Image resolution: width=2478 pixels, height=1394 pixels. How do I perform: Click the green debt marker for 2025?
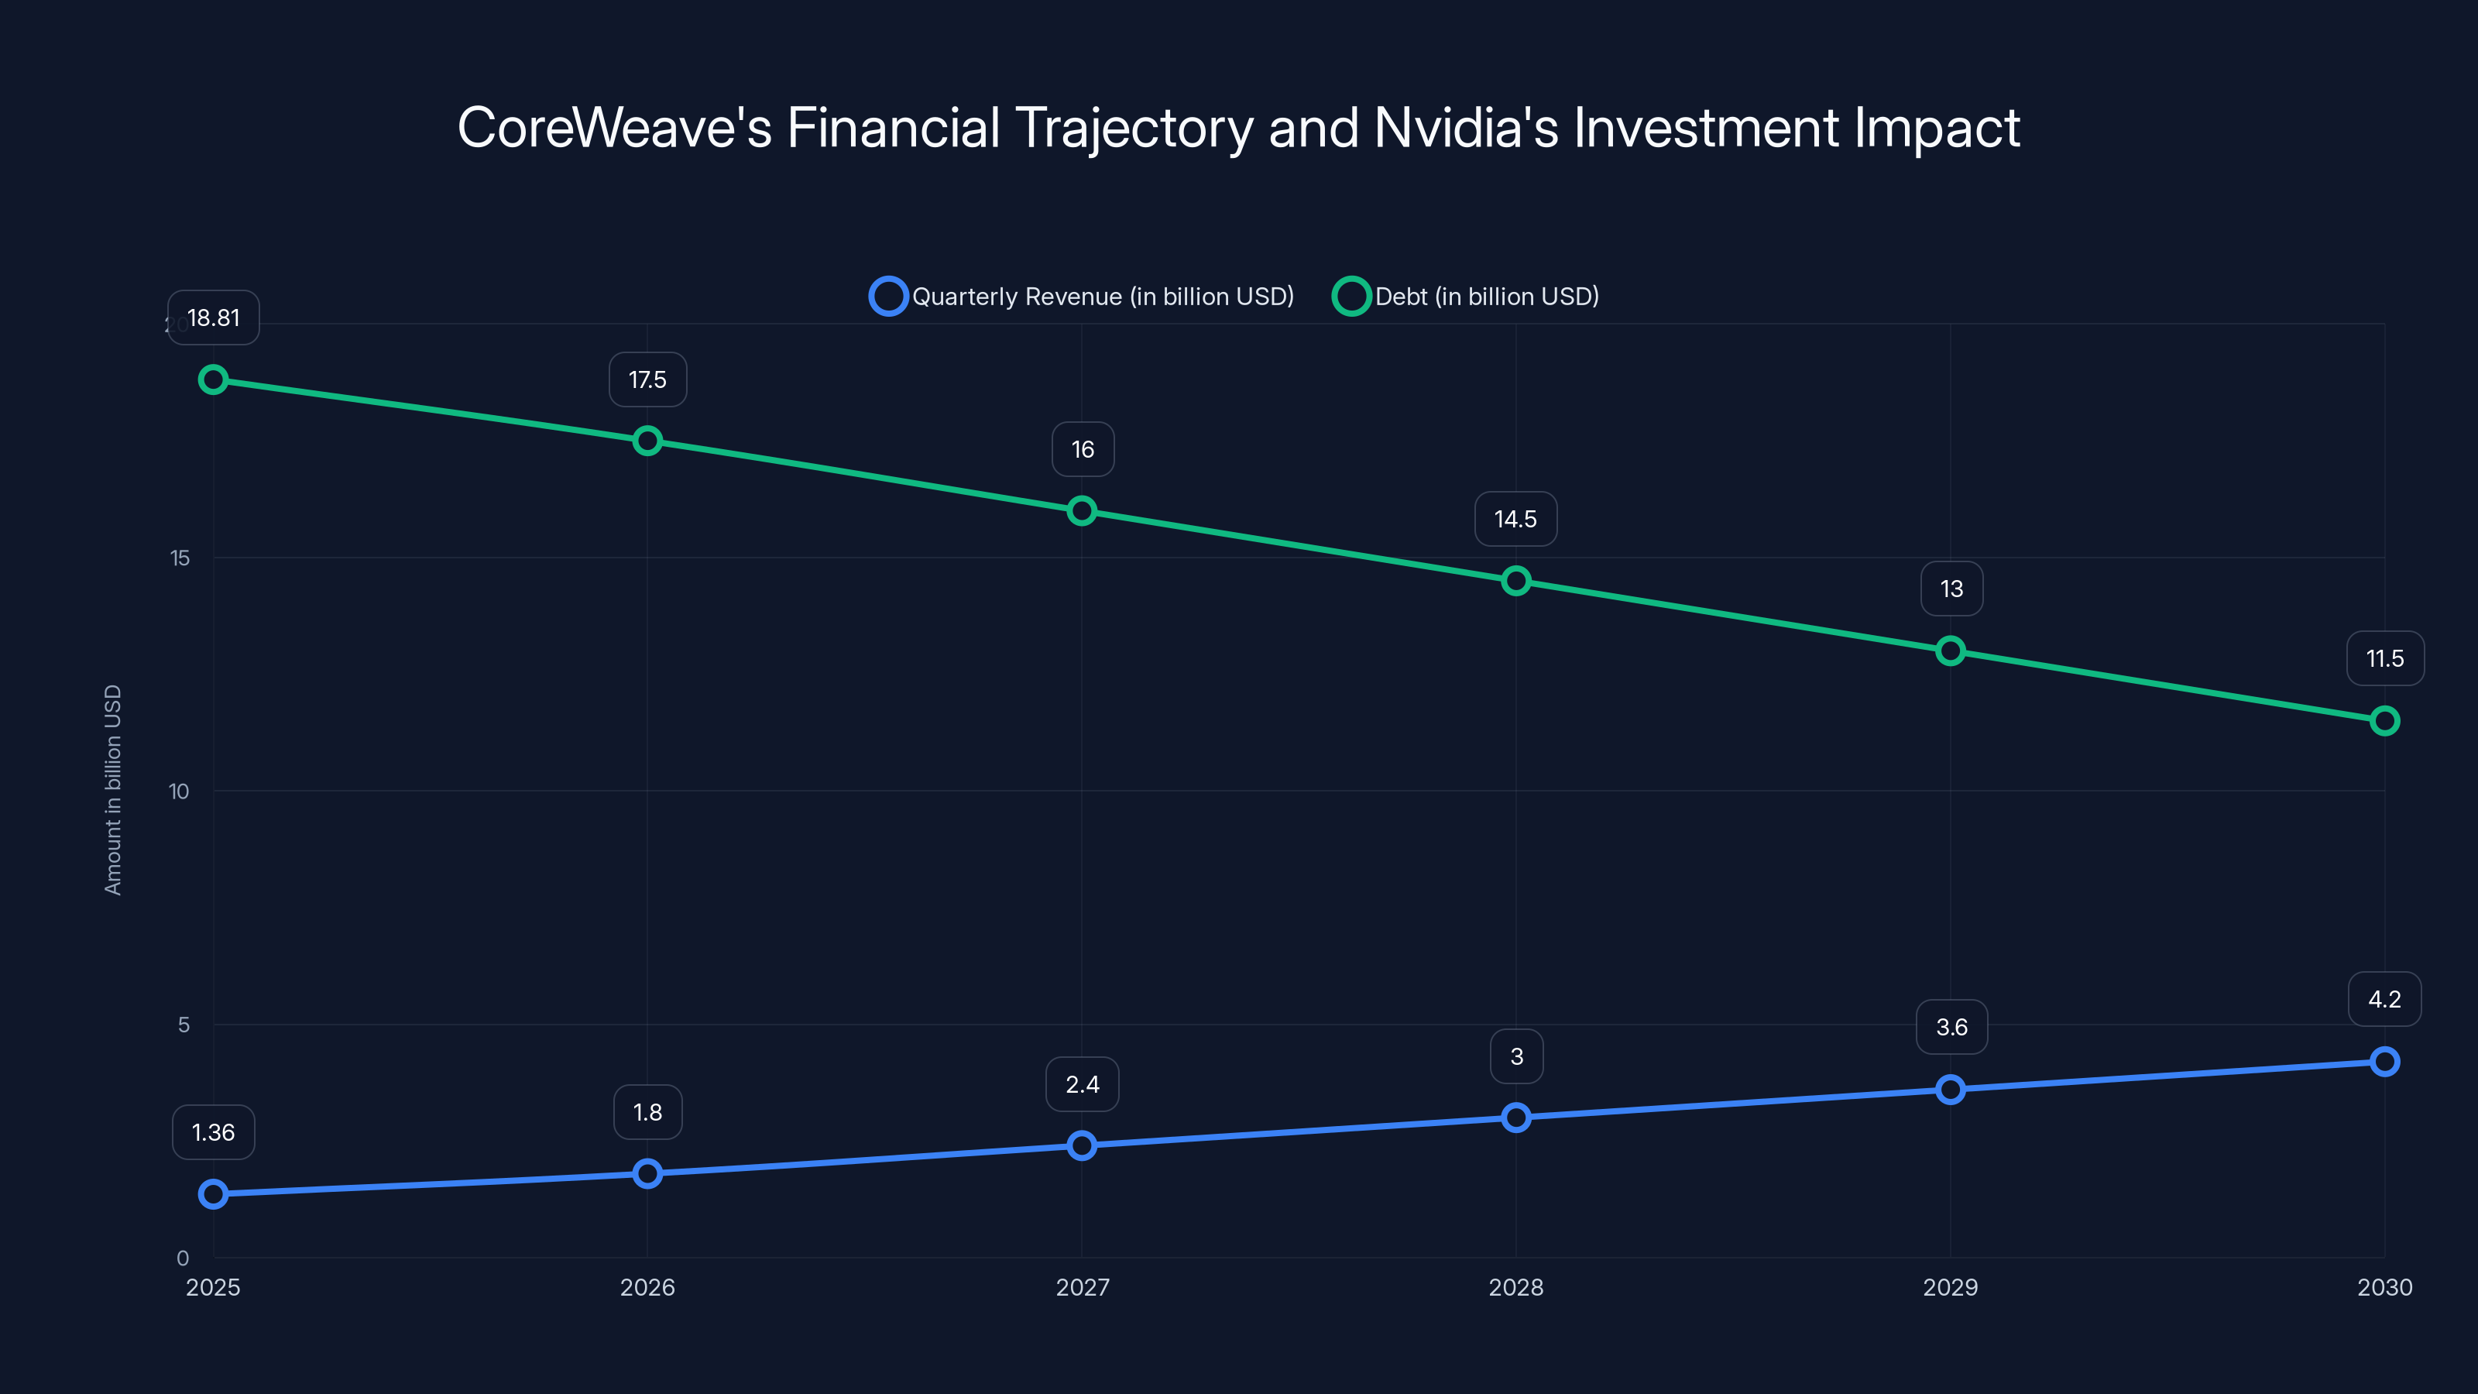[214, 380]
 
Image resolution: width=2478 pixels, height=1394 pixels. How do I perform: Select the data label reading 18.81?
[214, 318]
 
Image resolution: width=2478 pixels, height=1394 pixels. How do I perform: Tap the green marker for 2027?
[1083, 511]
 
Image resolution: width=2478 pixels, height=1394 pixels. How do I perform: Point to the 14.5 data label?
[1515, 520]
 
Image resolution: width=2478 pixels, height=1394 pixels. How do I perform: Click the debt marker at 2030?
[2385, 720]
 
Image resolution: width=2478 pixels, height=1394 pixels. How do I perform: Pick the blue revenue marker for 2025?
[214, 1194]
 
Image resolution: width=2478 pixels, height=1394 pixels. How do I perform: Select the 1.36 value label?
[214, 1132]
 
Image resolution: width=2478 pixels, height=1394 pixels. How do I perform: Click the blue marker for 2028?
[1516, 1117]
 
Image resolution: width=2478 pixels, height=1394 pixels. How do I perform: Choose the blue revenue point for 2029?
[1951, 1089]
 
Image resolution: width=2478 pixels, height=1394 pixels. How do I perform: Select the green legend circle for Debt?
[1351, 297]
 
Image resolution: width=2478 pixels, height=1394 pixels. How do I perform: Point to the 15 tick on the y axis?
[180, 558]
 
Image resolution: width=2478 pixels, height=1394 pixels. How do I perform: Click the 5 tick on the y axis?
[184, 1025]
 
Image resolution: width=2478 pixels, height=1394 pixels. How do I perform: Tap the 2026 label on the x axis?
[647, 1287]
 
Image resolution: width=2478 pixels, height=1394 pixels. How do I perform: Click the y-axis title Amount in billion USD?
[114, 790]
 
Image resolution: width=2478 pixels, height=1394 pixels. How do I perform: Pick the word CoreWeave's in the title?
[615, 128]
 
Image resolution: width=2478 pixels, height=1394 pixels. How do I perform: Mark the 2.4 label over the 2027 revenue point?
[1083, 1084]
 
